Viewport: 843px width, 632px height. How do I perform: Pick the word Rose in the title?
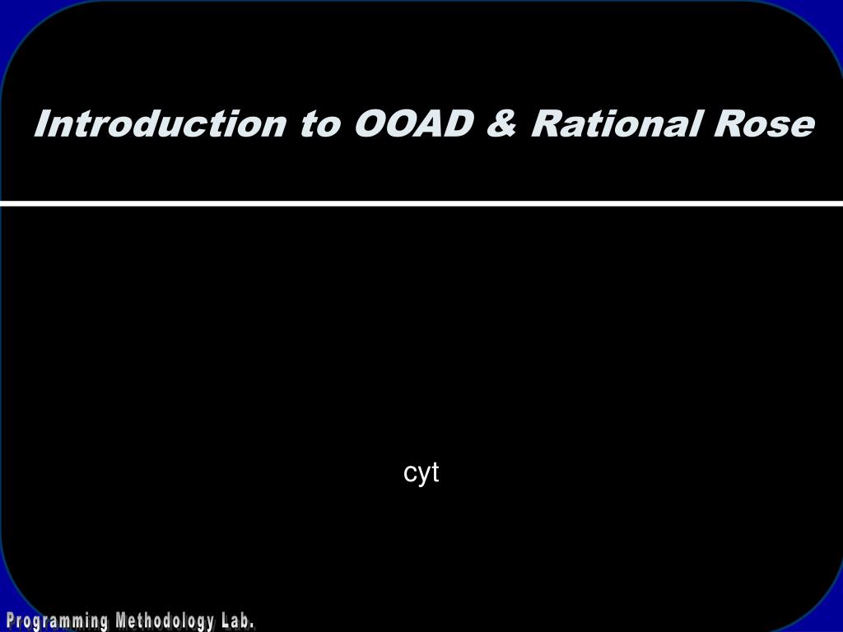763,124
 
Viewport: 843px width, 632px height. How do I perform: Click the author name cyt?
421,473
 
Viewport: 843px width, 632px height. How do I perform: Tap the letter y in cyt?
422,475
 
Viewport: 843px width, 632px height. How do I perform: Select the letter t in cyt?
435,473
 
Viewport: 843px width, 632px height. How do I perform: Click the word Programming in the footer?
57,621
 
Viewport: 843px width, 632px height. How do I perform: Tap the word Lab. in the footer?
237,621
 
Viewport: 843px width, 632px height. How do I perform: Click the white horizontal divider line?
421,203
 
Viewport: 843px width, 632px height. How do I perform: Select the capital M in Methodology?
120,621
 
